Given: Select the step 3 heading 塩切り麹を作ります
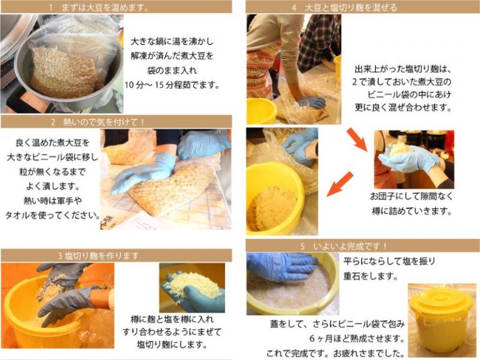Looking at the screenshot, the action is pyautogui.click(x=99, y=256).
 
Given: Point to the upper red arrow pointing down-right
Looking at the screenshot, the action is pyautogui.click(x=357, y=139).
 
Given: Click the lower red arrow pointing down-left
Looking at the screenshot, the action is pyautogui.click(x=339, y=184).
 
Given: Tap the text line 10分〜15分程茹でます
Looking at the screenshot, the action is pyautogui.click(x=172, y=85).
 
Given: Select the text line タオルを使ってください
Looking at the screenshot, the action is pyautogui.click(x=53, y=215).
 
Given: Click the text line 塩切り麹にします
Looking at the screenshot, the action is pyautogui.click(x=172, y=344).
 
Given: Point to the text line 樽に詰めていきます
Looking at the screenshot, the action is pyautogui.click(x=412, y=211).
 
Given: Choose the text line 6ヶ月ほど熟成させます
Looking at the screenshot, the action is pyautogui.click(x=357, y=339).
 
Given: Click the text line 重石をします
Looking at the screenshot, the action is pyautogui.click(x=371, y=276).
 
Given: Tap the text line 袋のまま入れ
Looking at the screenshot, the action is pyautogui.click(x=172, y=71).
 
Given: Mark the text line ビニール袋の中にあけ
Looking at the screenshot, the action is pyautogui.click(x=409, y=94).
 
